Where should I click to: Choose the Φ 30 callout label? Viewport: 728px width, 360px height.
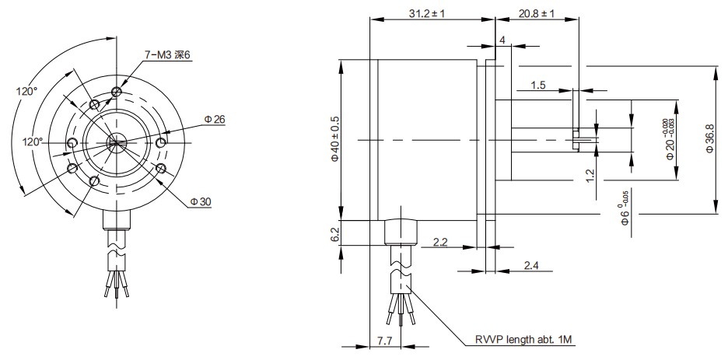click(200, 201)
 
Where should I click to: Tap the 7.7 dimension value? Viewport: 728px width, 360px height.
click(384, 341)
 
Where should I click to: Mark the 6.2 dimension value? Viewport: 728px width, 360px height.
click(335, 233)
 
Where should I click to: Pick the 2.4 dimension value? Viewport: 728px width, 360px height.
click(531, 266)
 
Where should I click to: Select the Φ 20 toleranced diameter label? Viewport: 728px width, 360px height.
click(670, 140)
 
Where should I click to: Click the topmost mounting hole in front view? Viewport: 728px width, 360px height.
click(117, 92)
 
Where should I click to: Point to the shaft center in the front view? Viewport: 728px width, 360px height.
click(115, 141)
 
